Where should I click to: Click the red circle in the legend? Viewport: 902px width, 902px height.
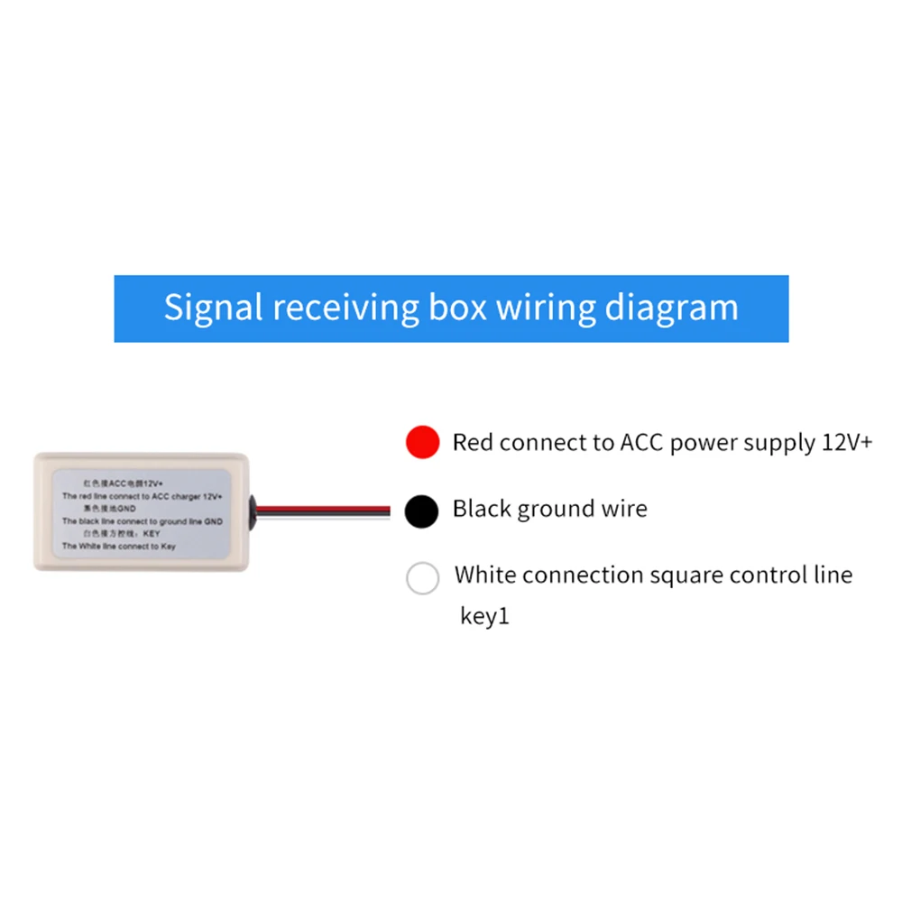(x=422, y=443)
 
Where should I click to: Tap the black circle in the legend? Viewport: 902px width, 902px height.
(x=422, y=511)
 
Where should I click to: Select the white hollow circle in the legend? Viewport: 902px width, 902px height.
(x=422, y=577)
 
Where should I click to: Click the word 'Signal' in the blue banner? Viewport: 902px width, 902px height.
(x=214, y=308)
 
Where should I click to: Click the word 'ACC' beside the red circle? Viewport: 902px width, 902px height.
(x=642, y=443)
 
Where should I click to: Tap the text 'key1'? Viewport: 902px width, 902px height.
(x=485, y=617)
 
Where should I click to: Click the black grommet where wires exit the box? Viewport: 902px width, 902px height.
(x=257, y=510)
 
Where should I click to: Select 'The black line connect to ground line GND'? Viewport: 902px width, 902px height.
(x=143, y=521)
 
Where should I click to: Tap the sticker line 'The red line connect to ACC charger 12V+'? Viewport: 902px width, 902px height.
(x=143, y=497)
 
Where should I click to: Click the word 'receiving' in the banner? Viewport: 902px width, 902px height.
(x=347, y=308)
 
